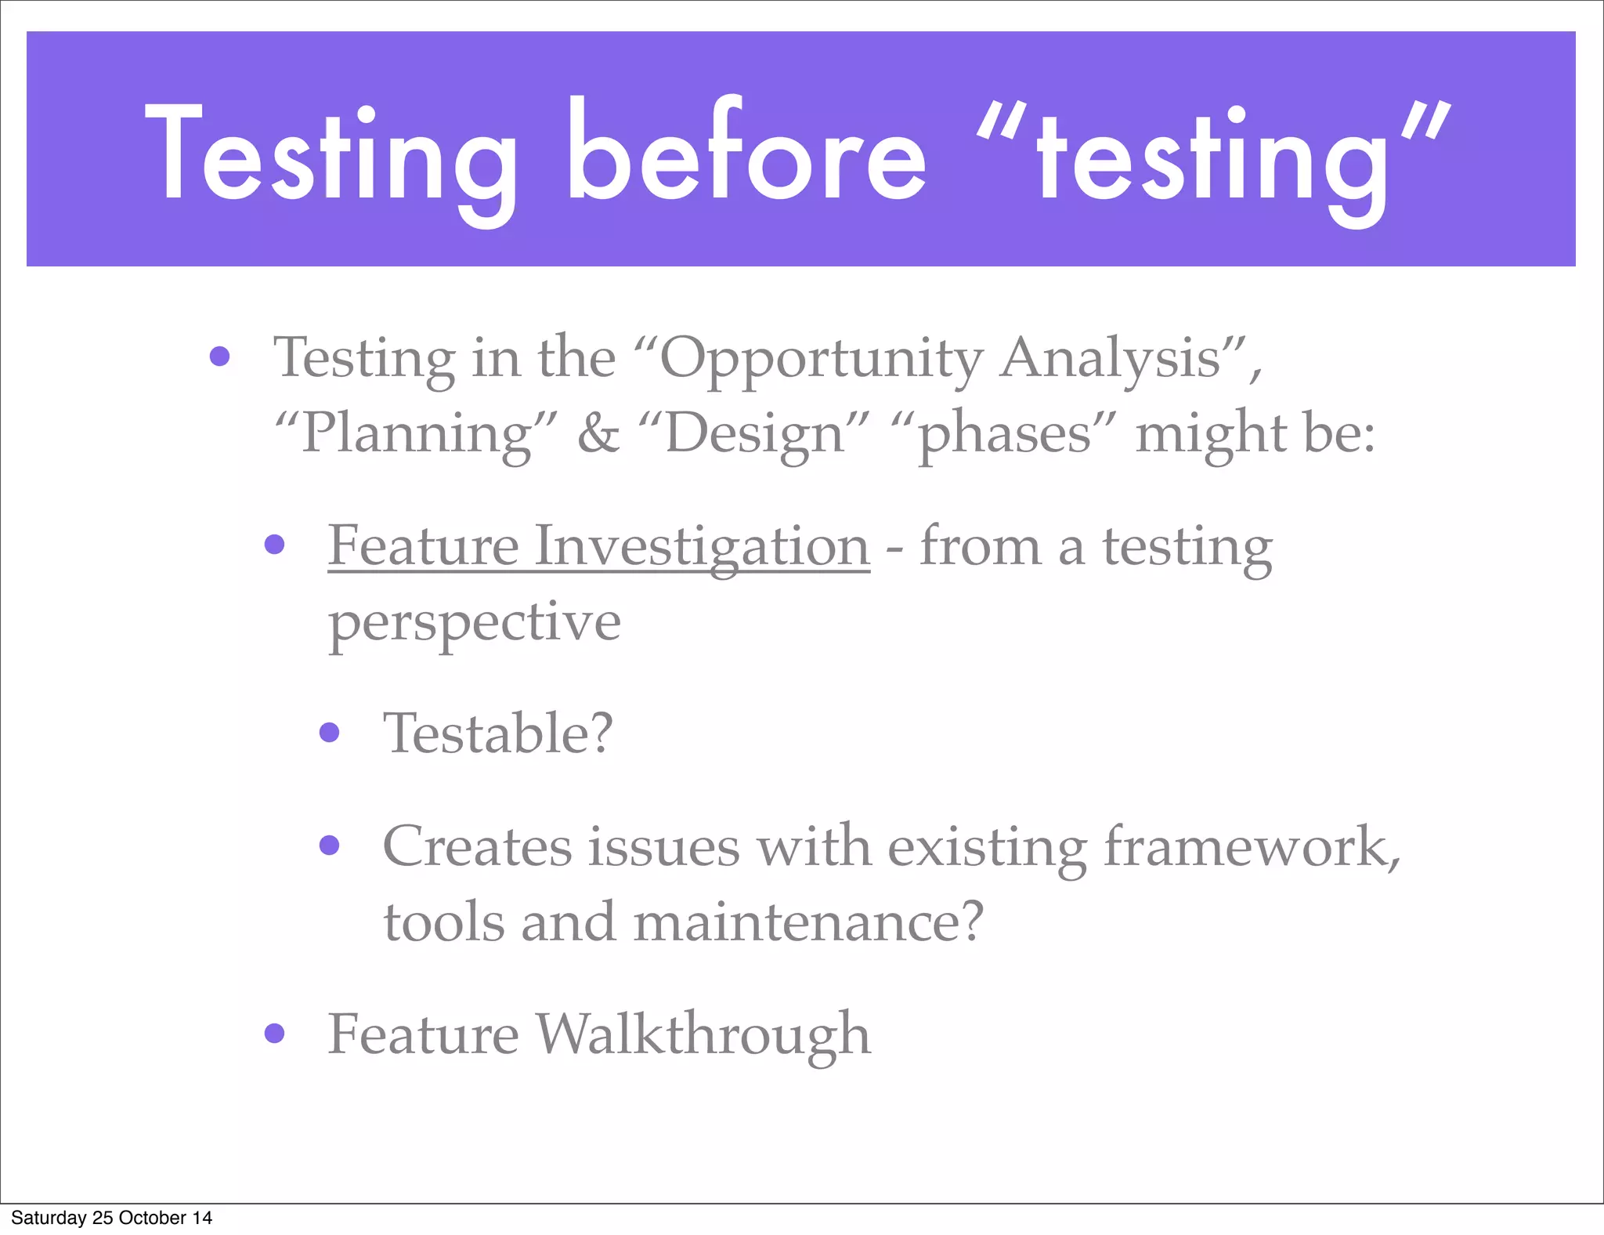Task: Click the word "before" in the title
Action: (746, 153)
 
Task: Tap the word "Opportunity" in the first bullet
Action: (822, 359)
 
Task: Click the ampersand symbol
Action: (598, 433)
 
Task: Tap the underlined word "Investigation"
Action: (702, 546)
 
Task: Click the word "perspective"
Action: (475, 623)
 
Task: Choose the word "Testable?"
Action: (497, 733)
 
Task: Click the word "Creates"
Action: (477, 846)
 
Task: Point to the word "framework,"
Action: (1252, 846)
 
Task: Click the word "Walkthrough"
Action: (703, 1034)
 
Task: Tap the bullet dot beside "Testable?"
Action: (330, 733)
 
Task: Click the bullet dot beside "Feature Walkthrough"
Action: (274, 1034)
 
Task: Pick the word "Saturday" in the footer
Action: (49, 1218)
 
